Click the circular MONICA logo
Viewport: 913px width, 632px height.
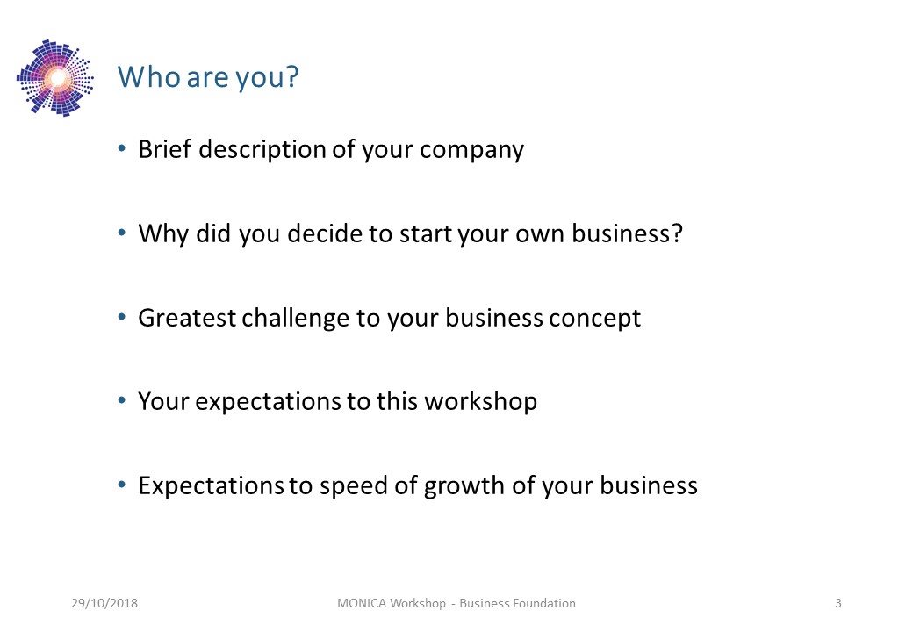coord(55,78)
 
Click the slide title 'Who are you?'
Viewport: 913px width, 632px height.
coord(208,77)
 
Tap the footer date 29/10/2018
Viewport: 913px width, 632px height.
coord(104,603)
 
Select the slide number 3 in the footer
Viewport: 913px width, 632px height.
coord(838,603)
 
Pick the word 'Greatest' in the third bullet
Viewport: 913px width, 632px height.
coord(187,318)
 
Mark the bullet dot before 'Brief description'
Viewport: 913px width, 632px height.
coord(122,149)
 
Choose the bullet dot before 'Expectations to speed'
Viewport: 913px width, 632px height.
coord(122,485)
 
